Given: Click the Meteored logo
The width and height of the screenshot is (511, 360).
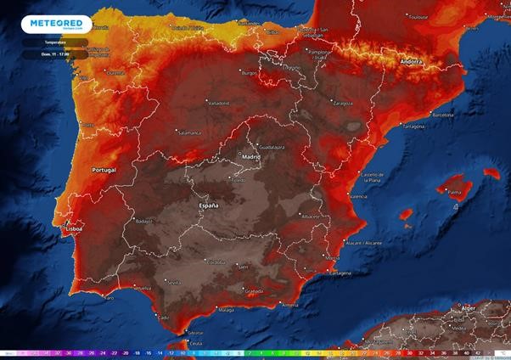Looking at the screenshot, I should click(x=56, y=23).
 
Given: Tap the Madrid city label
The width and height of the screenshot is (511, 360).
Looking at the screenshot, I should click(x=251, y=156).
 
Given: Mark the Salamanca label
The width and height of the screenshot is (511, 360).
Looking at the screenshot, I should click(x=188, y=132).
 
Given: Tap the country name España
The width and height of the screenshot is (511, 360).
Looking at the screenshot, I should click(x=209, y=205).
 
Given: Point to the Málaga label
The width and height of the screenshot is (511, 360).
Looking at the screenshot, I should click(x=226, y=311).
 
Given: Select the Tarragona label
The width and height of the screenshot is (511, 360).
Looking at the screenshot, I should click(x=413, y=127).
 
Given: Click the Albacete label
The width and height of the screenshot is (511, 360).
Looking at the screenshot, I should click(x=311, y=217).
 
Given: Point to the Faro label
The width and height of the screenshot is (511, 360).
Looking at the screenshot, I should click(x=108, y=298).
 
